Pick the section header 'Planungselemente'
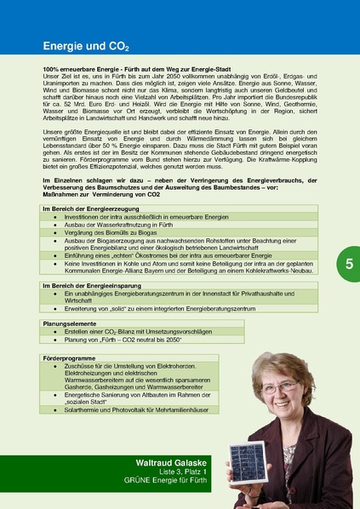click(64, 323)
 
